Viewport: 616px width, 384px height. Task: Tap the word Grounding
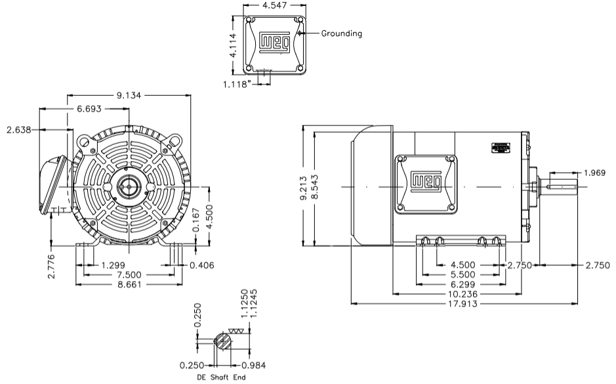tap(341, 33)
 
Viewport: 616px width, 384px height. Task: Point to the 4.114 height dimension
tap(234, 45)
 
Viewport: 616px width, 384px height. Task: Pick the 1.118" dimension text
tap(238, 83)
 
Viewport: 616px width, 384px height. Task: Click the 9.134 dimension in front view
tap(130, 96)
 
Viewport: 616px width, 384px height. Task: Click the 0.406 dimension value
tap(203, 265)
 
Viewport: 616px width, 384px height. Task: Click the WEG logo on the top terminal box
tap(274, 43)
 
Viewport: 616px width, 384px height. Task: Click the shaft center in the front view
tap(128, 188)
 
